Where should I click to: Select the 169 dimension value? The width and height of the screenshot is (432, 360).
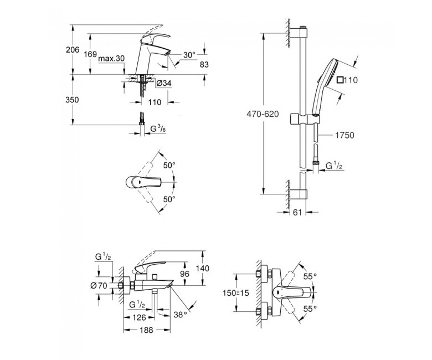pos(90,55)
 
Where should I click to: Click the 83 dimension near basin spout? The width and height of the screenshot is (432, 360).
pos(204,65)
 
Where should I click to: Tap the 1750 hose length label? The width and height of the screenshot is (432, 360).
pos(344,135)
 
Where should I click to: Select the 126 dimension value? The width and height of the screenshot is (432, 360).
pos(138,317)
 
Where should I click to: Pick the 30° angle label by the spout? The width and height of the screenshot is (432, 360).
pos(190,55)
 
